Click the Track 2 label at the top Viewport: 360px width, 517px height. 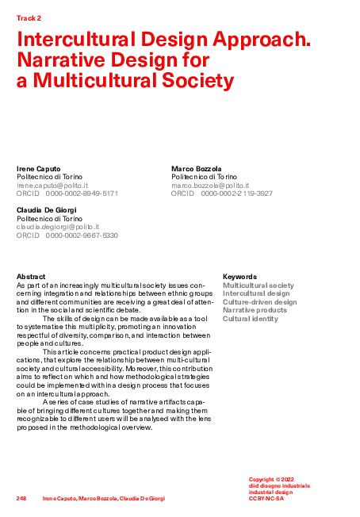click(x=29, y=17)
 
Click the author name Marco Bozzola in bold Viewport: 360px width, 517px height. click(x=197, y=169)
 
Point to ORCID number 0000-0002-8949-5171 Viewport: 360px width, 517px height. click(x=82, y=193)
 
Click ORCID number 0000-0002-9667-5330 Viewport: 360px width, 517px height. click(x=82, y=236)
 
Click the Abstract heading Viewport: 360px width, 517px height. click(x=31, y=277)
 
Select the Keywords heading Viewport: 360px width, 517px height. click(x=239, y=277)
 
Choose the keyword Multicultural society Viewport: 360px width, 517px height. click(x=259, y=285)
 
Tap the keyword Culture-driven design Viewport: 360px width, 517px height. click(x=260, y=302)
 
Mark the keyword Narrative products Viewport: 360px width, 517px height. click(x=255, y=310)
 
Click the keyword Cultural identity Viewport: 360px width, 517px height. click(x=251, y=319)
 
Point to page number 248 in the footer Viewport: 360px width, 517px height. click(x=21, y=498)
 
